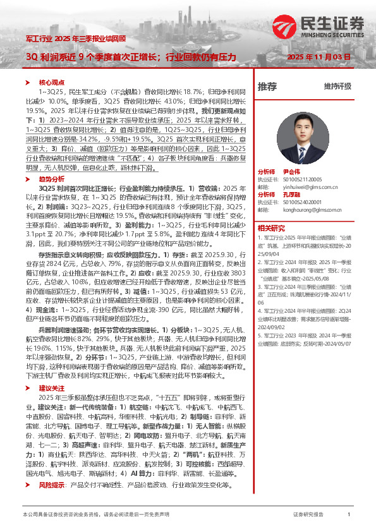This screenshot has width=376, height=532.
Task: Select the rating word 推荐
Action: pyautogui.click(x=267, y=87)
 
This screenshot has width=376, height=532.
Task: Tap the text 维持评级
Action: pyautogui.click(x=337, y=87)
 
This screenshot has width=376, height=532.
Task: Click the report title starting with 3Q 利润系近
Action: pyautogui.click(x=130, y=57)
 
